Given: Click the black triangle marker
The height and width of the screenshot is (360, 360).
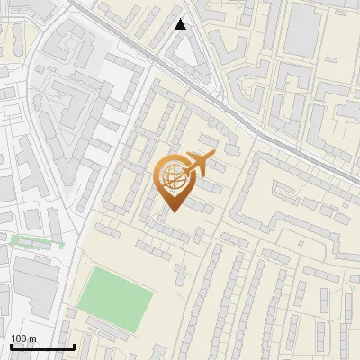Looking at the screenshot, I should tap(181, 24).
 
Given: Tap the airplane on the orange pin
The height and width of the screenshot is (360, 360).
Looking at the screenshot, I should tap(198, 165).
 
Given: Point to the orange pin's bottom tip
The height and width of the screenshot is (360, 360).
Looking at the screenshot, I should tap(170, 211).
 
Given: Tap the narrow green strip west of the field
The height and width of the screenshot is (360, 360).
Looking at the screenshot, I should tap(36, 241).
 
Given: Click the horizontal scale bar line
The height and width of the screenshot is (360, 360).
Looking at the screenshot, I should tap(42, 347).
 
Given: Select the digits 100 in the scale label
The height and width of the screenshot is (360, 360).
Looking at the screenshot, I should tap(19, 338).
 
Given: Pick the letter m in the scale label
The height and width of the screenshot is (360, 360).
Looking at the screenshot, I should tap(32, 338).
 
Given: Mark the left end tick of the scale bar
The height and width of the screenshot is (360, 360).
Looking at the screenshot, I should tap(11, 346).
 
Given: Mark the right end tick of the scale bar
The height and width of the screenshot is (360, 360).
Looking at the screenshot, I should tap(74, 346).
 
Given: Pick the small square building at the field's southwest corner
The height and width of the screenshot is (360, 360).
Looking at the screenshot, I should tap(70, 313).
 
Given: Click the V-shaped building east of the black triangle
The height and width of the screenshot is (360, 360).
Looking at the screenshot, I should tap(241, 79).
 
